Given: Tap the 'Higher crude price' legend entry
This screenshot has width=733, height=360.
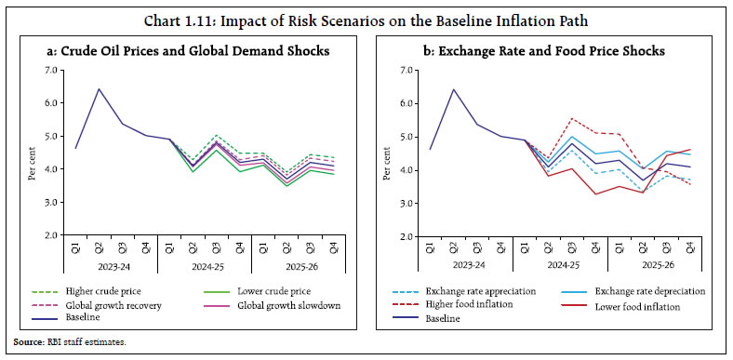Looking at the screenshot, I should tap(98, 290).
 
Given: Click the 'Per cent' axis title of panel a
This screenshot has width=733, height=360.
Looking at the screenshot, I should tap(33, 153).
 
